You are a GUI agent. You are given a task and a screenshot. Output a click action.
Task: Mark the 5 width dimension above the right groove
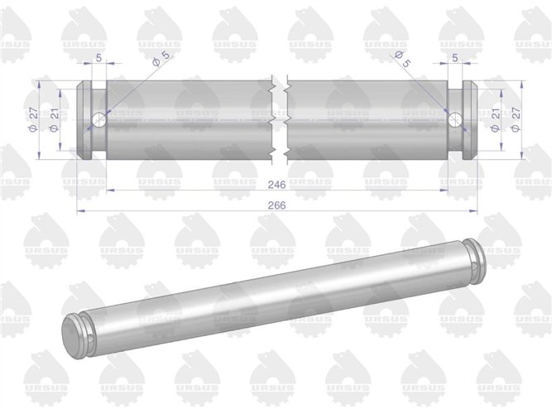(x=456, y=58)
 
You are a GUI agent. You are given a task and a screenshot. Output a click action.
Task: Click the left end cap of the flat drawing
(x=84, y=120)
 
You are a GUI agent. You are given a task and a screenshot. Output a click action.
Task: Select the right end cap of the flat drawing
(x=471, y=120)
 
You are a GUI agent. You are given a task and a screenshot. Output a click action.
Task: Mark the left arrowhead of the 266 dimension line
(x=79, y=212)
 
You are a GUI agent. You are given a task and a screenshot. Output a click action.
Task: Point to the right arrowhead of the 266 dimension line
(x=475, y=212)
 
